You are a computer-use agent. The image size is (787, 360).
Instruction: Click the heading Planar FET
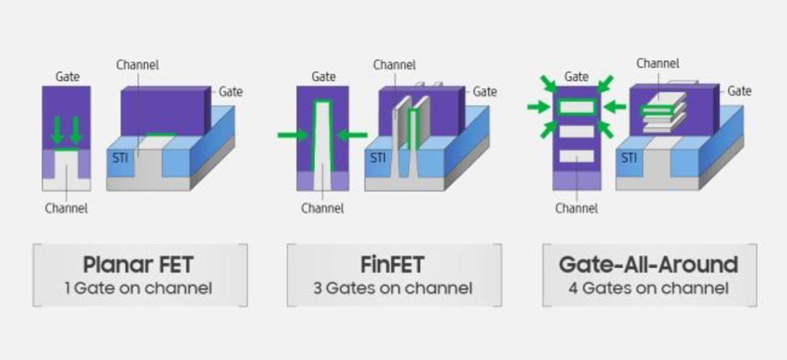coord(138,265)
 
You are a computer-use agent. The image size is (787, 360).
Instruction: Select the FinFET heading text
coord(393,265)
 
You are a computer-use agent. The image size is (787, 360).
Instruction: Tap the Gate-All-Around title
coord(648,265)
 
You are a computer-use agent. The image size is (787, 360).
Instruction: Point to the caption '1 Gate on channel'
coord(138,288)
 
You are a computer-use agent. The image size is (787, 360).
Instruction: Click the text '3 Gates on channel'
coord(393,288)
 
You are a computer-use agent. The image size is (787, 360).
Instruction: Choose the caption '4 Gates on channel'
coord(648,288)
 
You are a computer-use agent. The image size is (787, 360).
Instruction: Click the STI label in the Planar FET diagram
coord(119,158)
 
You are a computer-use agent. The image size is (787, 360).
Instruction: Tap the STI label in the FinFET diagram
coord(378,158)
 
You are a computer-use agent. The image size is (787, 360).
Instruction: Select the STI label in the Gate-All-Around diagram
coord(628,158)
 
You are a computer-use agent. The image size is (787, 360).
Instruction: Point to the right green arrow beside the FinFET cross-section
coord(352,135)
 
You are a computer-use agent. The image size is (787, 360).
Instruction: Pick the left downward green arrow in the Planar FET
coord(58,130)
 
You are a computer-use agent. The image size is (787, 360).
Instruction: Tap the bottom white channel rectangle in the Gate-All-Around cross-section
coord(576,156)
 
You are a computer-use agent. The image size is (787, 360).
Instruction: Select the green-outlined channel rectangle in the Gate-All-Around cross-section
coord(576,106)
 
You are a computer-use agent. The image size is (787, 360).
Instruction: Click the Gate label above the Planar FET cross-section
coord(67,77)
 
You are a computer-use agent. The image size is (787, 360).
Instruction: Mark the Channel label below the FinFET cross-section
coord(322,209)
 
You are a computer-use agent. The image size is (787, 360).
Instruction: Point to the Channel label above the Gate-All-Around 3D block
coord(657,64)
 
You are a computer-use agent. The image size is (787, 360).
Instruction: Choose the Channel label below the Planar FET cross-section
coord(66,209)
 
